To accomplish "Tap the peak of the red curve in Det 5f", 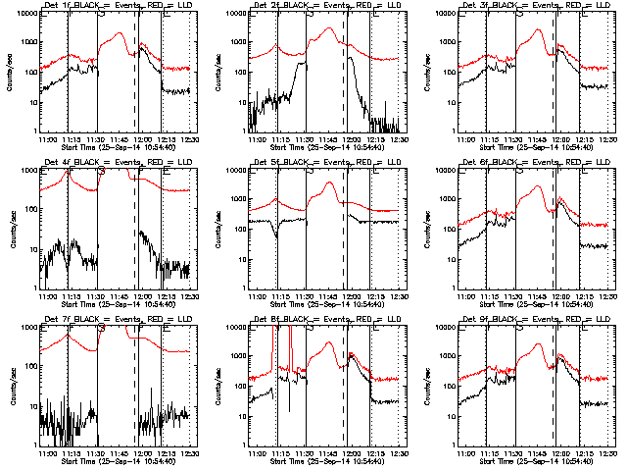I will point(330,183).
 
